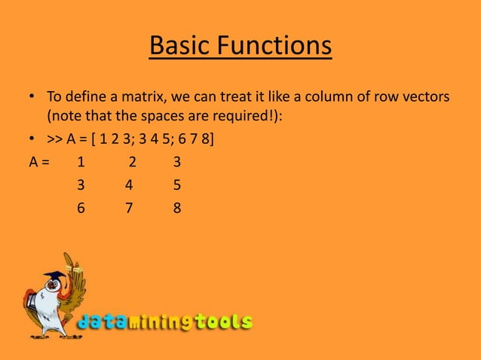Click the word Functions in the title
pyautogui.click(x=275, y=46)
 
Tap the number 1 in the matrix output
pyautogui.click(x=81, y=162)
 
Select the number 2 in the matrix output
pyautogui.click(x=132, y=162)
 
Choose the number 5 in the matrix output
pyautogui.click(x=176, y=185)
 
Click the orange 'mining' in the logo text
pyautogui.click(x=161, y=323)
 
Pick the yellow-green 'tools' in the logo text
pyautogui.click(x=223, y=322)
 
